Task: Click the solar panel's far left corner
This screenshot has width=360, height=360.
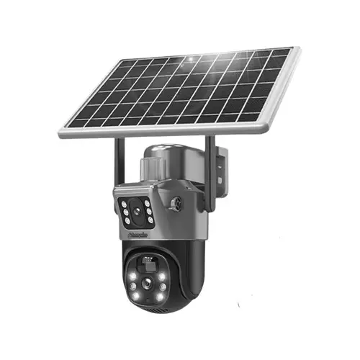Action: click(60, 132)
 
